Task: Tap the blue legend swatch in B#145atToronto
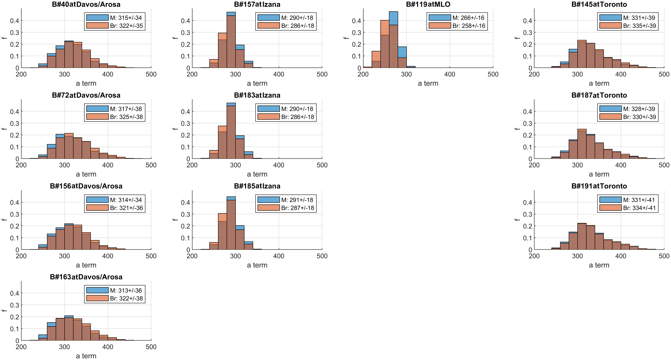[610, 18]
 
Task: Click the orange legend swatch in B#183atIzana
[269, 117]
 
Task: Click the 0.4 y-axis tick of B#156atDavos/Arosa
[15, 203]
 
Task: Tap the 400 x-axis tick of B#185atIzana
[279, 256]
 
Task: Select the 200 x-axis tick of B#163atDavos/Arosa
[21, 347]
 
